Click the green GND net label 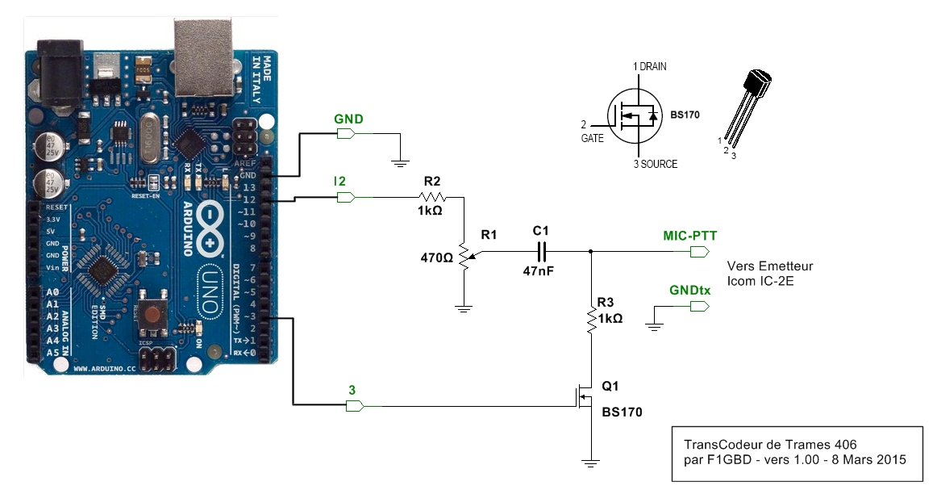[x=348, y=119]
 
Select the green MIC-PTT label [x=689, y=236]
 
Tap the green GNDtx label [x=689, y=291]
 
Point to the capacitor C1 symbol [x=540, y=251]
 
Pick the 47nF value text [x=538, y=271]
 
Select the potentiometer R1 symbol [x=464, y=256]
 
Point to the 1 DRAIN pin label [x=649, y=65]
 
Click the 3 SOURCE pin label [x=655, y=164]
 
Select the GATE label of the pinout [x=592, y=139]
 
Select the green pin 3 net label [x=352, y=389]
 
